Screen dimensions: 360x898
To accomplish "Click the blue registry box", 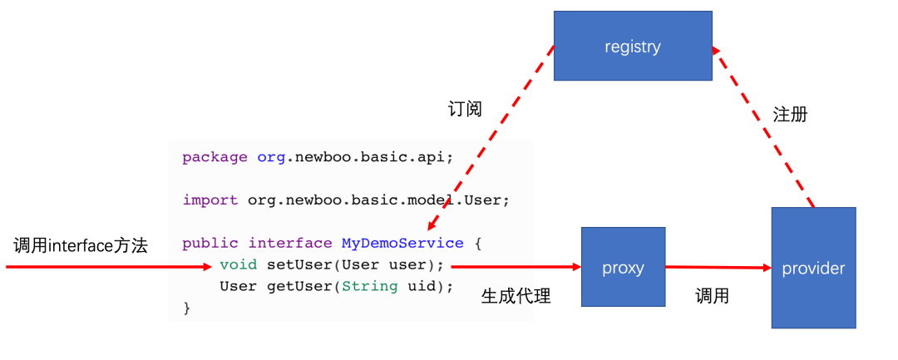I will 633,46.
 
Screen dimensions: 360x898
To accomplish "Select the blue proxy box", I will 623,268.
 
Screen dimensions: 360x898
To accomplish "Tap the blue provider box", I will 813,268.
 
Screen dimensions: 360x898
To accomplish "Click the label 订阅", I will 464,109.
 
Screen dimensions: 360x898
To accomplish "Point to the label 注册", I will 790,115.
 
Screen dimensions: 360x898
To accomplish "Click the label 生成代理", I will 516,296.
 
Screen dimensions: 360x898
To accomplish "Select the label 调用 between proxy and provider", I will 713,296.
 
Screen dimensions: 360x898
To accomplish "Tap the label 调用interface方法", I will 81,246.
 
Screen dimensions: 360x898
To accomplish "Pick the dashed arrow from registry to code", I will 491,137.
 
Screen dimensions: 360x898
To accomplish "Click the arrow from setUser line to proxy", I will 516,267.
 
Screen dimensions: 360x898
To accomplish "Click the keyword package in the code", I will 215,157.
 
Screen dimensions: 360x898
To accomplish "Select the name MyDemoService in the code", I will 402,244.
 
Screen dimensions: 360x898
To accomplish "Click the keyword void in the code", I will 239,265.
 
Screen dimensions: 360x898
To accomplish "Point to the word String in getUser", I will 365,287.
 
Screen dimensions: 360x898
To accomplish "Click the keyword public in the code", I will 210,244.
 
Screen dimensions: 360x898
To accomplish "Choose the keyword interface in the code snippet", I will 290,244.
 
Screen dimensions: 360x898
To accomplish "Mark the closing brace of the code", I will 186,308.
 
